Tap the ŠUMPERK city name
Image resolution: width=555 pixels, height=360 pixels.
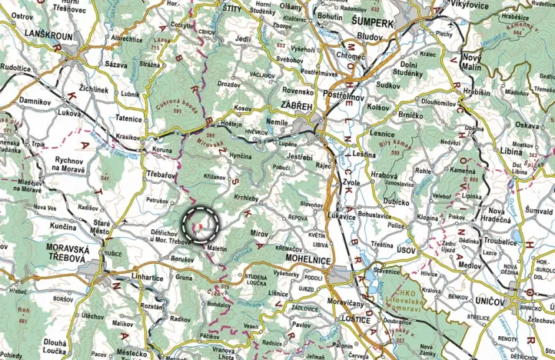374,23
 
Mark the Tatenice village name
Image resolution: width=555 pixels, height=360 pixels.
128,118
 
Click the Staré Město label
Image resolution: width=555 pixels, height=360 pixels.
101,226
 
